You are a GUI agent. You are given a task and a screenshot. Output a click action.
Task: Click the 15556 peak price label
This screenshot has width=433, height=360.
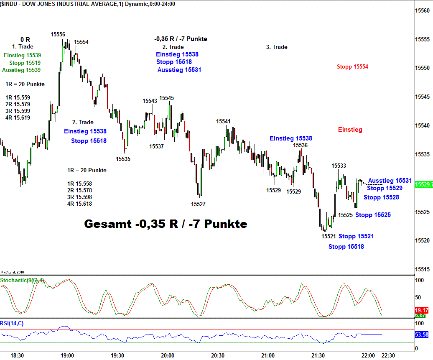[x=58, y=34]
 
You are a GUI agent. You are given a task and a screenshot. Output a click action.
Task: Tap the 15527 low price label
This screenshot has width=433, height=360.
[x=198, y=204]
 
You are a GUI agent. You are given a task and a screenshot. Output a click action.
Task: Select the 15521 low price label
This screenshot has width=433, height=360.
[x=329, y=236]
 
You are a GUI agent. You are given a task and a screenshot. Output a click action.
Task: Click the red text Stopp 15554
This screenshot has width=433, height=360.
[x=352, y=66]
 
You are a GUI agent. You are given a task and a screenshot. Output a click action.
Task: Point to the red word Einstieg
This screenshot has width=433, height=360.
[x=350, y=130]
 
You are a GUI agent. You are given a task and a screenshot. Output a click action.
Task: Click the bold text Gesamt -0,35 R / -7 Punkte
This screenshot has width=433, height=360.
[x=166, y=224]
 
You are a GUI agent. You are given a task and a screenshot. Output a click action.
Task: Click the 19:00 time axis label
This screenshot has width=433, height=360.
[x=67, y=355]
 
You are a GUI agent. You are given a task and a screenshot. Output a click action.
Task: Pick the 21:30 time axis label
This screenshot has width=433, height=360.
[x=318, y=355]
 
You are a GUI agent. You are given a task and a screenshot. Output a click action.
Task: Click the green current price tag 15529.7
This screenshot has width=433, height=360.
[x=423, y=184]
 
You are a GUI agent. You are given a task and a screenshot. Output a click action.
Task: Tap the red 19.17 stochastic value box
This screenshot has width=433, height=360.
[x=421, y=310]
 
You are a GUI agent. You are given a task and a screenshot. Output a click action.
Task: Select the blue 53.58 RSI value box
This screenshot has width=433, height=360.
[x=421, y=334]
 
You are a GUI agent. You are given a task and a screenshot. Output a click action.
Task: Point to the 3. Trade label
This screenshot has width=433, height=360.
[x=277, y=47]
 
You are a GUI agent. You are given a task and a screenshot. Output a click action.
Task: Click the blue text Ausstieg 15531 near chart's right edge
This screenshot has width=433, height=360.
[x=390, y=181]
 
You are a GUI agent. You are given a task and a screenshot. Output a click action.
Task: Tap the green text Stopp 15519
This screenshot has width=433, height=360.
[x=25, y=63]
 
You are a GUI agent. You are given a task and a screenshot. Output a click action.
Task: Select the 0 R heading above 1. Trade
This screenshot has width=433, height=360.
[x=25, y=40]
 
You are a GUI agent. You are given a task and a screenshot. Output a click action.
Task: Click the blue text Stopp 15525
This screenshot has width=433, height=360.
[x=373, y=215]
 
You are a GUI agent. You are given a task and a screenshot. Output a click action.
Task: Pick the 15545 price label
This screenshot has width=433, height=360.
[x=166, y=98]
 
